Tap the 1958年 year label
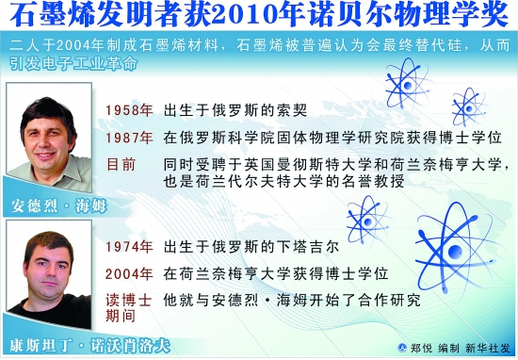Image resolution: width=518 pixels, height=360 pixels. click(x=129, y=110)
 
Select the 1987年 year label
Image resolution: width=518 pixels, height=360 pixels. click(x=129, y=138)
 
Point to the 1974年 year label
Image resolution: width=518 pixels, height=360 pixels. click(x=129, y=247)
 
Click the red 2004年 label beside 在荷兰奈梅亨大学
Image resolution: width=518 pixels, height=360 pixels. click(x=129, y=273)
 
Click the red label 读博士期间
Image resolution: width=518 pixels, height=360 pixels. click(x=128, y=308)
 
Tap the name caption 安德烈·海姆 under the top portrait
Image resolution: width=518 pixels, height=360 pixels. click(x=59, y=206)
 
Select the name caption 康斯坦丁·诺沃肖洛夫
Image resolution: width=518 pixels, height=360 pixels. click(x=89, y=346)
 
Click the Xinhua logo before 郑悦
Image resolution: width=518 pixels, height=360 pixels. click(x=402, y=348)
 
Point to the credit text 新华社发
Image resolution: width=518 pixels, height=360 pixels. click(x=488, y=348)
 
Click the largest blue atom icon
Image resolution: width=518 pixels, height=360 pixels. click(x=456, y=251)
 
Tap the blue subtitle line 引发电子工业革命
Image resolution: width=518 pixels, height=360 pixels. click(x=73, y=63)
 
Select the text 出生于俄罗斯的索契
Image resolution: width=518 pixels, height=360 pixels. click(x=235, y=110)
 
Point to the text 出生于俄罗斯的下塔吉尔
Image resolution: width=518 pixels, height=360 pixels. click(x=251, y=247)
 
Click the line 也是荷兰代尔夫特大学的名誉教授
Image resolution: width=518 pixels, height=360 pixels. click(x=283, y=182)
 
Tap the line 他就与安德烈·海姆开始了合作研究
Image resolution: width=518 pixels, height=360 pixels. click(x=292, y=301)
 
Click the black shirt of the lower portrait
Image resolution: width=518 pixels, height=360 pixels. click(x=51, y=312)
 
